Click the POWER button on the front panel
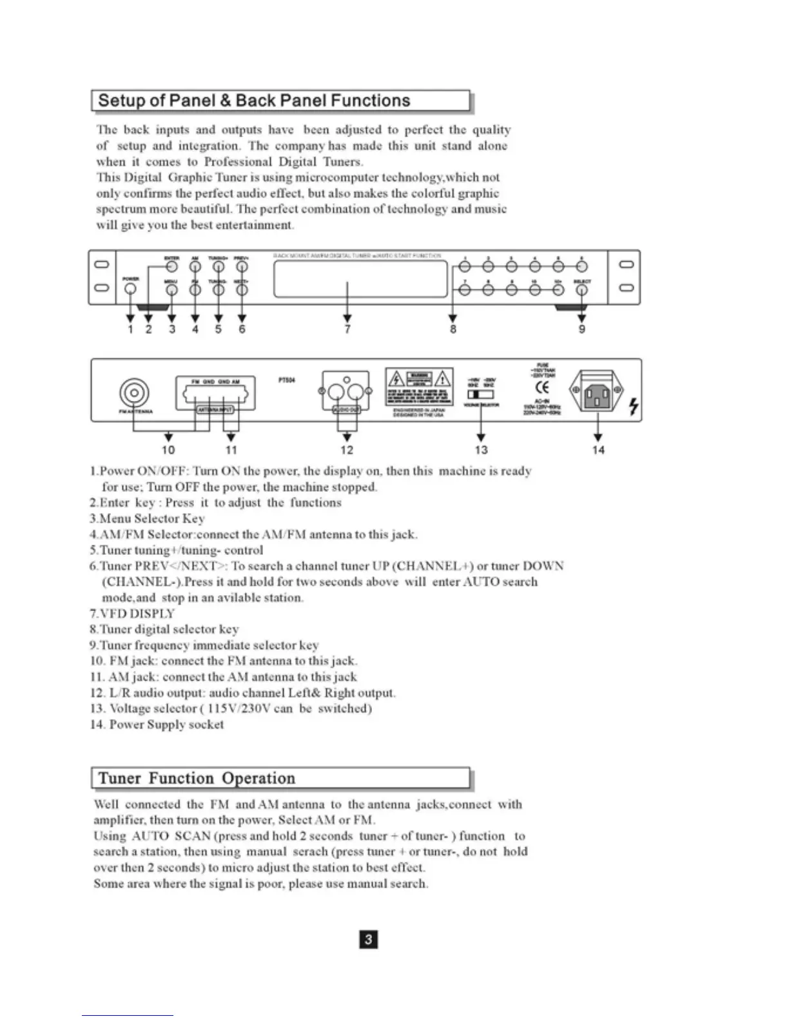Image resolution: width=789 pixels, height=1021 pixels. [x=131, y=289]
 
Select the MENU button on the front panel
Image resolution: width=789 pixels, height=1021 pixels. [x=171, y=290]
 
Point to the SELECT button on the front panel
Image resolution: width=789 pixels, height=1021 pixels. [x=581, y=290]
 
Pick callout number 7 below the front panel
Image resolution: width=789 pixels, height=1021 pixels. [x=347, y=329]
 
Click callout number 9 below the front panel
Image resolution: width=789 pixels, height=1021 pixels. [x=582, y=329]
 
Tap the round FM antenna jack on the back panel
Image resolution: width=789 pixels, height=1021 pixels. [x=134, y=393]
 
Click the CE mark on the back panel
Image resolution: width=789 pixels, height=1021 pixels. [x=543, y=387]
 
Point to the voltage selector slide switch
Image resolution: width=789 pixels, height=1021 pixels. [x=480, y=394]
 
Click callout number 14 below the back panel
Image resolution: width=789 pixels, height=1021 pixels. [x=598, y=450]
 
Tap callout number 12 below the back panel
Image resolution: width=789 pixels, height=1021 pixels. [x=347, y=450]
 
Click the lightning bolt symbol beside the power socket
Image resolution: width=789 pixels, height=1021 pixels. [x=634, y=406]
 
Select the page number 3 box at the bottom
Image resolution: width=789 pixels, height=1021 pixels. [x=368, y=939]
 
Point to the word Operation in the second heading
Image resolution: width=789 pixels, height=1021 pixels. [x=258, y=778]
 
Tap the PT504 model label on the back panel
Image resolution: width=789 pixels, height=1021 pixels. [x=287, y=380]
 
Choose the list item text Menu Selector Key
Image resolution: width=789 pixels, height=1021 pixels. [x=151, y=518]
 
